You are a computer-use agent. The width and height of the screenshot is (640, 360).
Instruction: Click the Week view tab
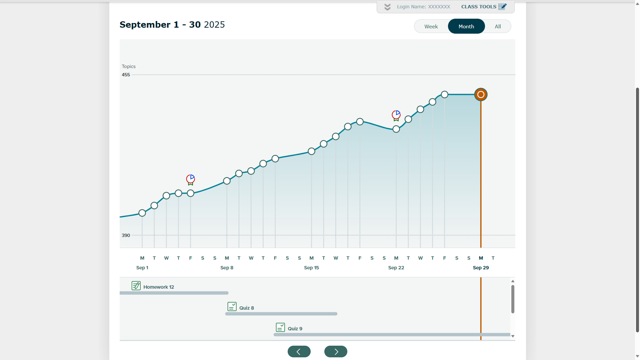coord(431,26)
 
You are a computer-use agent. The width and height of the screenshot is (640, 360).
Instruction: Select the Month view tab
coord(466,26)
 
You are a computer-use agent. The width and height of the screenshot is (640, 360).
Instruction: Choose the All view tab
coord(498,26)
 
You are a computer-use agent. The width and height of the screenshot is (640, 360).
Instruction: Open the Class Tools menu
coord(484,7)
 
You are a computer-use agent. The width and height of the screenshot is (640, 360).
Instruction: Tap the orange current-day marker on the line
coord(481,95)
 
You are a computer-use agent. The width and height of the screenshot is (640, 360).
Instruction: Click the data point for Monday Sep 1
coord(142,213)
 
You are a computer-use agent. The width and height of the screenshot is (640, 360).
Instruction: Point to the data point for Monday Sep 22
coord(396,129)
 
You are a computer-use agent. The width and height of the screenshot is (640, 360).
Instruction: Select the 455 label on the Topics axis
coord(126,75)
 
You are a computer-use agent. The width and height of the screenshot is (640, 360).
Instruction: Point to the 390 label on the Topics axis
coord(126,235)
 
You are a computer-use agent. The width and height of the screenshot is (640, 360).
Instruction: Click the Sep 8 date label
coord(227,268)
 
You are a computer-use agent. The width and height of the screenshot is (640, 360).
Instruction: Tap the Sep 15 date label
coord(311,268)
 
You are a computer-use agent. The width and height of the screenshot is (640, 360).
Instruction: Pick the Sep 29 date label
coord(481,268)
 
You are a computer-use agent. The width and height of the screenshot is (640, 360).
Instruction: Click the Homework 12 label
coord(159,287)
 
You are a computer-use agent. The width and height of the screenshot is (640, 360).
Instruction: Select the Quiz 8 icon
coord(232,306)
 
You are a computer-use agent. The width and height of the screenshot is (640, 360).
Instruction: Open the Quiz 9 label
coord(295,329)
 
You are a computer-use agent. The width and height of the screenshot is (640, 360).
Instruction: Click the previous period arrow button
coord(299,351)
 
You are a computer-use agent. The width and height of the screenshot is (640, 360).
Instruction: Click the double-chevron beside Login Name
coord(387,7)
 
